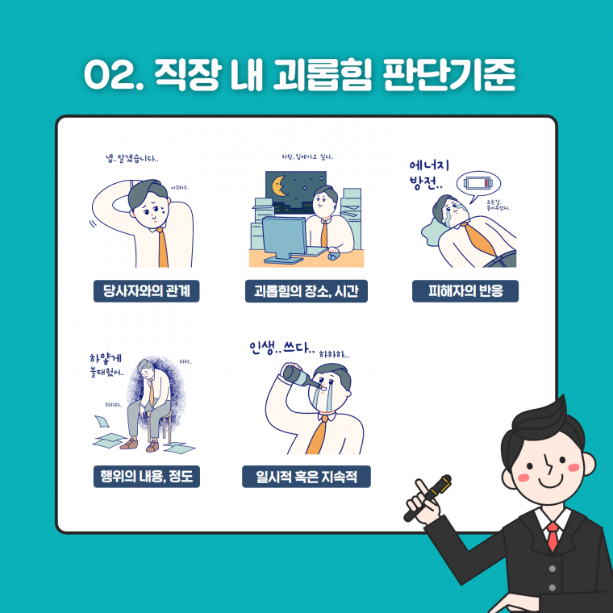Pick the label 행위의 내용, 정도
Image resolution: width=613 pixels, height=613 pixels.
click(146, 477)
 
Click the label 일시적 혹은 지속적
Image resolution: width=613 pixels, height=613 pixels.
click(306, 477)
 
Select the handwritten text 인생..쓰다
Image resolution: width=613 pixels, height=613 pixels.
click(281, 349)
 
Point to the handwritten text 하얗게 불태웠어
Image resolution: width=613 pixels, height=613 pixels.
click(110, 365)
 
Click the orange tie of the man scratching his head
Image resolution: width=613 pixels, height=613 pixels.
click(163, 246)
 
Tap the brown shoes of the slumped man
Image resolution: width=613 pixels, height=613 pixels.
click(140, 444)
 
